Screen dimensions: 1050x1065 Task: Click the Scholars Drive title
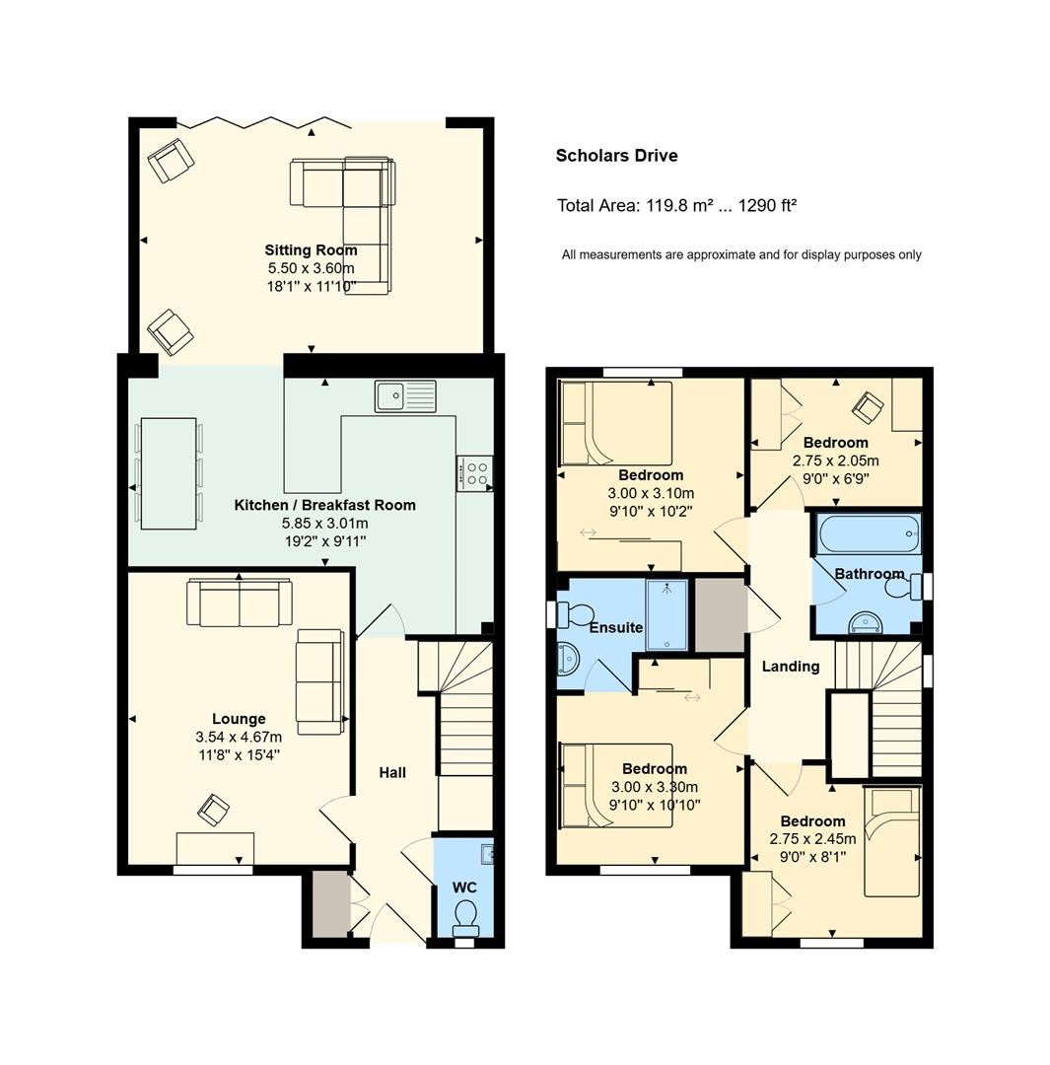point(616,156)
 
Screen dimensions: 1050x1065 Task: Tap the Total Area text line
point(676,205)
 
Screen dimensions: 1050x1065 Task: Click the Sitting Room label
point(312,249)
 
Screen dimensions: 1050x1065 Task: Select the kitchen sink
point(405,395)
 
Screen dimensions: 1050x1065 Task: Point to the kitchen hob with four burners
point(475,473)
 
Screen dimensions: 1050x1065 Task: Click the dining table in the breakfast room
point(169,472)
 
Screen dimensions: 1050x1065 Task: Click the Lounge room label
point(239,719)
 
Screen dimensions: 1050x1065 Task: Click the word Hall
point(392,772)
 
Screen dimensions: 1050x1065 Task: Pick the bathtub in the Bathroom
point(870,533)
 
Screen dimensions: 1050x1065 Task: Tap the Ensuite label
point(616,627)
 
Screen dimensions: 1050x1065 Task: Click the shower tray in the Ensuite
point(666,614)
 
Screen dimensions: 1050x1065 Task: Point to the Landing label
point(791,667)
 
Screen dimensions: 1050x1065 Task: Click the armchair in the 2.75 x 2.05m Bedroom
point(869,407)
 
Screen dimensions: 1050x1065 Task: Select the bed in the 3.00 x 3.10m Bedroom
point(616,423)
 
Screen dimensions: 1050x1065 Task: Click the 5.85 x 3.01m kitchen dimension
point(324,523)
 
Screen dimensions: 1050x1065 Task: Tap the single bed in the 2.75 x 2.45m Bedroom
point(891,841)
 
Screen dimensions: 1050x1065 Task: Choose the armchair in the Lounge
point(213,811)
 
